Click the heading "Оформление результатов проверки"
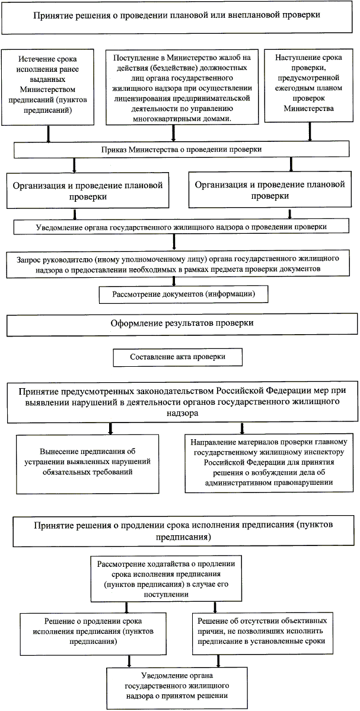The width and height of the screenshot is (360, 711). [182, 324]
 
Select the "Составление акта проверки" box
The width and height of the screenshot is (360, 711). [177, 357]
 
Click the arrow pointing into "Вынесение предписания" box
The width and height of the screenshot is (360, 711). [109, 427]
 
